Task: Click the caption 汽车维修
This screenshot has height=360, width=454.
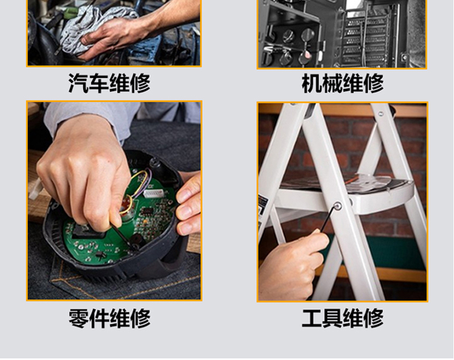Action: point(110,83)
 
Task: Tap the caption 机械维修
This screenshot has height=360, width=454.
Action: point(343,83)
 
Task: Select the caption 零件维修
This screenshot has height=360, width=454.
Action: point(110,318)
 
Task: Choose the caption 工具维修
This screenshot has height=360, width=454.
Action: point(343,318)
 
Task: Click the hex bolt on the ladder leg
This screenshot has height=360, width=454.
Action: point(337,206)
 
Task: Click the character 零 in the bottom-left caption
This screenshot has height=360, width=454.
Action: point(78,318)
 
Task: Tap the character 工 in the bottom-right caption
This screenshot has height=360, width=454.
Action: point(312,318)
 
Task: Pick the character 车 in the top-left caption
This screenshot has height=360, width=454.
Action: point(99,83)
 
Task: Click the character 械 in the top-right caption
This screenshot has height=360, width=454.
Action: point(332,83)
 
